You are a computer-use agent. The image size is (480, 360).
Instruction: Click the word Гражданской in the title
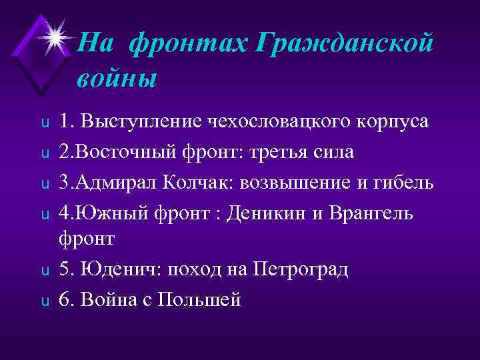[x=344, y=45]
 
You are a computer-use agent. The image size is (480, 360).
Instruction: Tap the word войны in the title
[x=117, y=78]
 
